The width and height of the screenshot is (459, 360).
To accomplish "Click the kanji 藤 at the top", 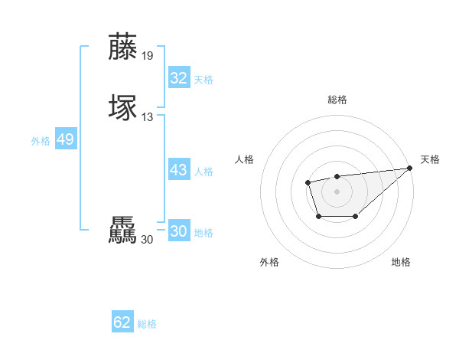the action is tap(123, 46).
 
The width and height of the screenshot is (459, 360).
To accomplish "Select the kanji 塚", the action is tap(123, 107).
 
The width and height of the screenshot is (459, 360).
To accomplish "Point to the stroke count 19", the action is tap(148, 56).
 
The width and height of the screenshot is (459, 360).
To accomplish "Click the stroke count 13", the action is tap(148, 117).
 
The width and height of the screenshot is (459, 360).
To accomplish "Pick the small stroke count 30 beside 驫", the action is tap(148, 240).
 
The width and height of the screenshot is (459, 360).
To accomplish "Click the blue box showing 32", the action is tap(178, 78).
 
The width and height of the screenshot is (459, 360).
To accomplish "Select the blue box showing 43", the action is tap(178, 170).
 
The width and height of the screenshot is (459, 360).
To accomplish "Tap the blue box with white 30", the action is tap(178, 231).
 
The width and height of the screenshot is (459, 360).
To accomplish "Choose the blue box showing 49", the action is tap(65, 139).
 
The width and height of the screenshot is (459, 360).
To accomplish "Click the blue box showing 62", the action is tap(122, 322).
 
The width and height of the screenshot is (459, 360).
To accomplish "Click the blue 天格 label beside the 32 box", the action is tap(203, 80).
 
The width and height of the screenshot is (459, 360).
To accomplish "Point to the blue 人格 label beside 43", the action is tap(203, 172).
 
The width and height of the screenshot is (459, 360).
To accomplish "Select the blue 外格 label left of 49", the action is tap(40, 141).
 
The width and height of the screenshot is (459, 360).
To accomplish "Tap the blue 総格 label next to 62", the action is tap(147, 324).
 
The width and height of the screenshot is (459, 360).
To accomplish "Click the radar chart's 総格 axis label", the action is tap(337, 100).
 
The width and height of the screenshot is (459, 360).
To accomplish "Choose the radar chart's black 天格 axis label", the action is tap(430, 159).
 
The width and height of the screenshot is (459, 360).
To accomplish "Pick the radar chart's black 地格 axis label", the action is tap(401, 262).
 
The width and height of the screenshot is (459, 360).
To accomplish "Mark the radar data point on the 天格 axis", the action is tap(410, 168).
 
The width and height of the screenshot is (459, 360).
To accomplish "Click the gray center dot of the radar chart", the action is tap(337, 191).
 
